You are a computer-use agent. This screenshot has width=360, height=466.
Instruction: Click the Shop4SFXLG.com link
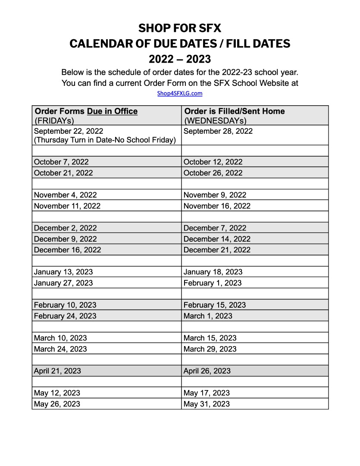[x=180, y=93]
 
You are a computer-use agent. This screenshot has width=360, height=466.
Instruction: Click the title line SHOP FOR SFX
[x=180, y=28]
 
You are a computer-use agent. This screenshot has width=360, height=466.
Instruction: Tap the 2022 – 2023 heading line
[x=180, y=59]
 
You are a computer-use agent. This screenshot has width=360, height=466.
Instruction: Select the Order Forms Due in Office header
[x=86, y=111]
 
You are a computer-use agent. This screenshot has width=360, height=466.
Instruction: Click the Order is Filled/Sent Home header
[x=234, y=111]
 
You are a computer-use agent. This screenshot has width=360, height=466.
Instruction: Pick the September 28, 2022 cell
[x=218, y=131]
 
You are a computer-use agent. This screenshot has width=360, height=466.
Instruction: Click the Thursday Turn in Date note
[x=105, y=140]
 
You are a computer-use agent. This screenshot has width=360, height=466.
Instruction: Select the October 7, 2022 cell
[x=61, y=162]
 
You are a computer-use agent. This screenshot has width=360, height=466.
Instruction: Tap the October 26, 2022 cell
[x=213, y=173]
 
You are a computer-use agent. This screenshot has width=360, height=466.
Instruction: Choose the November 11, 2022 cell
[x=67, y=206]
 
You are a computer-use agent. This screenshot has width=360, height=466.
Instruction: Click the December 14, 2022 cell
[x=217, y=239]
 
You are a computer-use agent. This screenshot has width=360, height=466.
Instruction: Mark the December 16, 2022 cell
[x=67, y=250]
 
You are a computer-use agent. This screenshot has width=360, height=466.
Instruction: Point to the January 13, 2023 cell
[x=63, y=272]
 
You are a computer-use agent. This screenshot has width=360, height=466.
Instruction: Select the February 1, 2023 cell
[x=213, y=283]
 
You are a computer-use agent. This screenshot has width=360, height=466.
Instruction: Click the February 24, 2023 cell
[x=65, y=316]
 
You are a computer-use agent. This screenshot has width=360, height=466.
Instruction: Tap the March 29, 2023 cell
[x=210, y=349]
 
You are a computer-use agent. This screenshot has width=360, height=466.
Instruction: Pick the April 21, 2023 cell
[x=57, y=371]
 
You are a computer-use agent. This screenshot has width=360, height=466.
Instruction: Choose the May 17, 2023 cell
[x=207, y=393]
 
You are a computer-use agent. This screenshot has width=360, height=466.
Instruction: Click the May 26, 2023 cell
[x=57, y=404]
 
